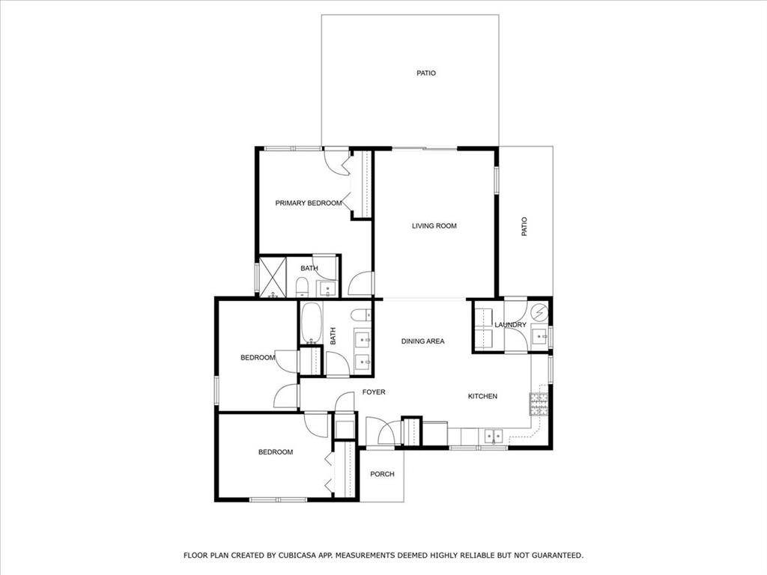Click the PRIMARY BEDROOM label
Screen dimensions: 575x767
coord(308,203)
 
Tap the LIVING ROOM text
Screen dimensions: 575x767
coord(434,225)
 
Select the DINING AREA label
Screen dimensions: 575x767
coord(422,341)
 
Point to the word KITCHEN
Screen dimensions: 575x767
coord(482,396)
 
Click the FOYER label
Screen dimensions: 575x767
coord(374,392)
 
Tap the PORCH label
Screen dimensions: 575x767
coord(382,474)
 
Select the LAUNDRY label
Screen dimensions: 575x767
coord(510,325)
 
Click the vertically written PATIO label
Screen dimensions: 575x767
coord(524,226)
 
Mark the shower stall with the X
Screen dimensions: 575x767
coord(273,277)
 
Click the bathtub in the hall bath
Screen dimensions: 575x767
coord(310,323)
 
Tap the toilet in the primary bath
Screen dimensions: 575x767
coord(302,286)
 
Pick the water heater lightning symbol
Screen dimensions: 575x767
coord(539,311)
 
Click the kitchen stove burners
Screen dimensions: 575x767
coord(539,404)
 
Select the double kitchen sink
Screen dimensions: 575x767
coord(493,435)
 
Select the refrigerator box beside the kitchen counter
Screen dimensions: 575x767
coord(435,433)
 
